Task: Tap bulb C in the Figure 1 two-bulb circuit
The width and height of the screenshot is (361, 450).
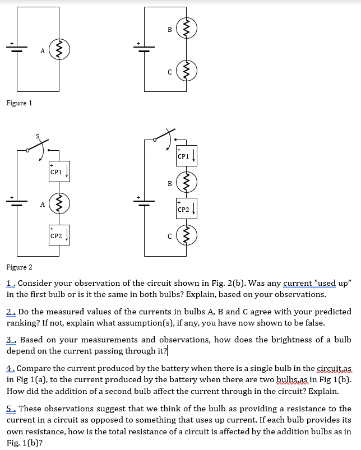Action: click(x=187, y=71)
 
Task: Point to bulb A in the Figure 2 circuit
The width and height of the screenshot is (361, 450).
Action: click(x=59, y=203)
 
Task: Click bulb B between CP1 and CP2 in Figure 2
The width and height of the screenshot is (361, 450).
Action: click(x=187, y=182)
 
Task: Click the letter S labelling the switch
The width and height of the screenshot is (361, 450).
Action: click(x=38, y=136)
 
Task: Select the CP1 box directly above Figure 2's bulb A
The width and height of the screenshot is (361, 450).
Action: click(x=59, y=171)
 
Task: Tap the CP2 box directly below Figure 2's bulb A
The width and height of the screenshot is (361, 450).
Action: click(x=59, y=235)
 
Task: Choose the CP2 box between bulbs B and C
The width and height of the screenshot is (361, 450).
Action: click(x=187, y=209)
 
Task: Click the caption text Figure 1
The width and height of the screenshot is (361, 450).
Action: click(x=19, y=103)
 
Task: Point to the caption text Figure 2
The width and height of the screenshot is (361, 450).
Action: click(x=19, y=267)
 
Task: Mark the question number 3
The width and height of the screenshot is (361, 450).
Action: click(x=10, y=340)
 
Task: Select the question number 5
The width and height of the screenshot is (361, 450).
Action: click(x=10, y=409)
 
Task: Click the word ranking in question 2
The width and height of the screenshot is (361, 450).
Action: click(x=24, y=322)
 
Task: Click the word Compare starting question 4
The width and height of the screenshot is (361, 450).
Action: click(x=34, y=368)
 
